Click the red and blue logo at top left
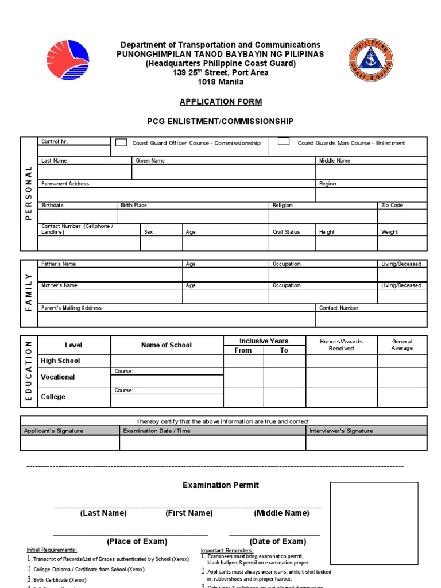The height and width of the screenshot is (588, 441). (68, 60)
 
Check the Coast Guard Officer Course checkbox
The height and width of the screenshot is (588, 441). (121, 142)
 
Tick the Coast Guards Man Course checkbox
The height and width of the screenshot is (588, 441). (284, 142)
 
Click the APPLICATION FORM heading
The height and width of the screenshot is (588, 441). (220, 102)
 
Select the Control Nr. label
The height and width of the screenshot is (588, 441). (55, 141)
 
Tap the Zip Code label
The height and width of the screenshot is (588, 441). (392, 205)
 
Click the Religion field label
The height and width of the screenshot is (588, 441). (283, 205)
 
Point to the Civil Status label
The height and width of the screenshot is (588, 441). (286, 232)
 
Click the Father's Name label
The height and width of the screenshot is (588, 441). (59, 264)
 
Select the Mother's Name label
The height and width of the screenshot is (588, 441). (59, 285)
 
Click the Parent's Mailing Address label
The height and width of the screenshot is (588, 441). (71, 308)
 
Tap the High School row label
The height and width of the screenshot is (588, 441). (60, 361)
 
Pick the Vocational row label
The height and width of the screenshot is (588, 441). (57, 377)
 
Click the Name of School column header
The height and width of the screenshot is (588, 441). (167, 345)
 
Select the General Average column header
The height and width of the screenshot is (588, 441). (402, 345)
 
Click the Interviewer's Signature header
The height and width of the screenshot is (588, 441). (341, 431)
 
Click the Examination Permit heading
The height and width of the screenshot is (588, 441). (220, 485)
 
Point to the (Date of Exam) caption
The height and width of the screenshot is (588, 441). (278, 541)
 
